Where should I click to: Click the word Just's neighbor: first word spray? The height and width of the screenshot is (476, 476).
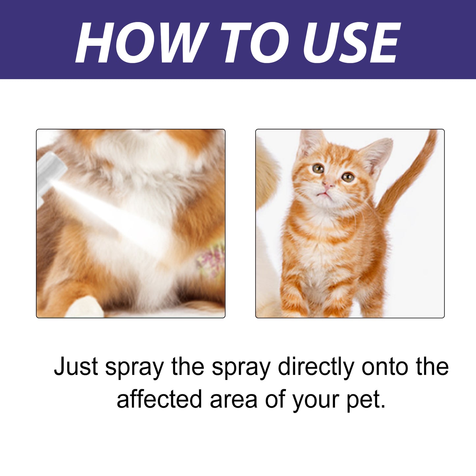(134, 367)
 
